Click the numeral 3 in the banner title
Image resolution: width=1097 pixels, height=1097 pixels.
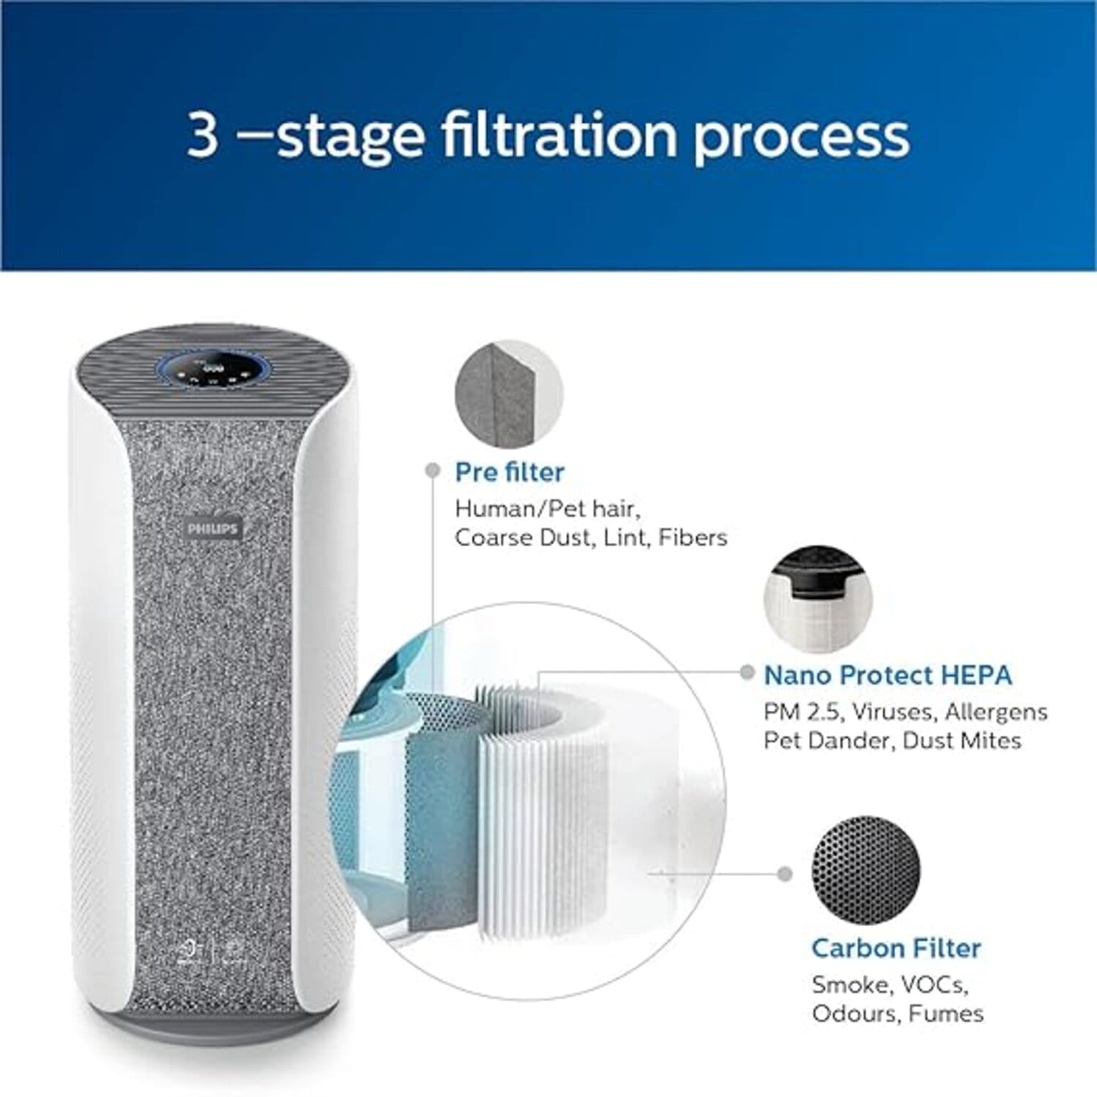[x=203, y=135]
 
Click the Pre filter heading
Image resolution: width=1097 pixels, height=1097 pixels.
[x=509, y=472]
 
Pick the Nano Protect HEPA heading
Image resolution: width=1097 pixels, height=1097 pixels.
[x=888, y=675]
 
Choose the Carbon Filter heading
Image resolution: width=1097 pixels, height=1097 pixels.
[x=896, y=948]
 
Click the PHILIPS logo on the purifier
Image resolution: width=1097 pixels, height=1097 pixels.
[x=212, y=528]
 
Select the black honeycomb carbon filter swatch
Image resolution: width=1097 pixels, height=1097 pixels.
[x=866, y=870]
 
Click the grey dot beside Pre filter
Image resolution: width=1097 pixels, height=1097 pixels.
[x=432, y=470]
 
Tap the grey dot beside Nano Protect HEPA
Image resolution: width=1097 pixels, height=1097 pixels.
[x=747, y=673]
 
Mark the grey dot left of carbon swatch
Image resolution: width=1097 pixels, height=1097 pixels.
[x=785, y=874]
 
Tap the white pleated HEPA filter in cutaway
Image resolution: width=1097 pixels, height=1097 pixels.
[x=541, y=804]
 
